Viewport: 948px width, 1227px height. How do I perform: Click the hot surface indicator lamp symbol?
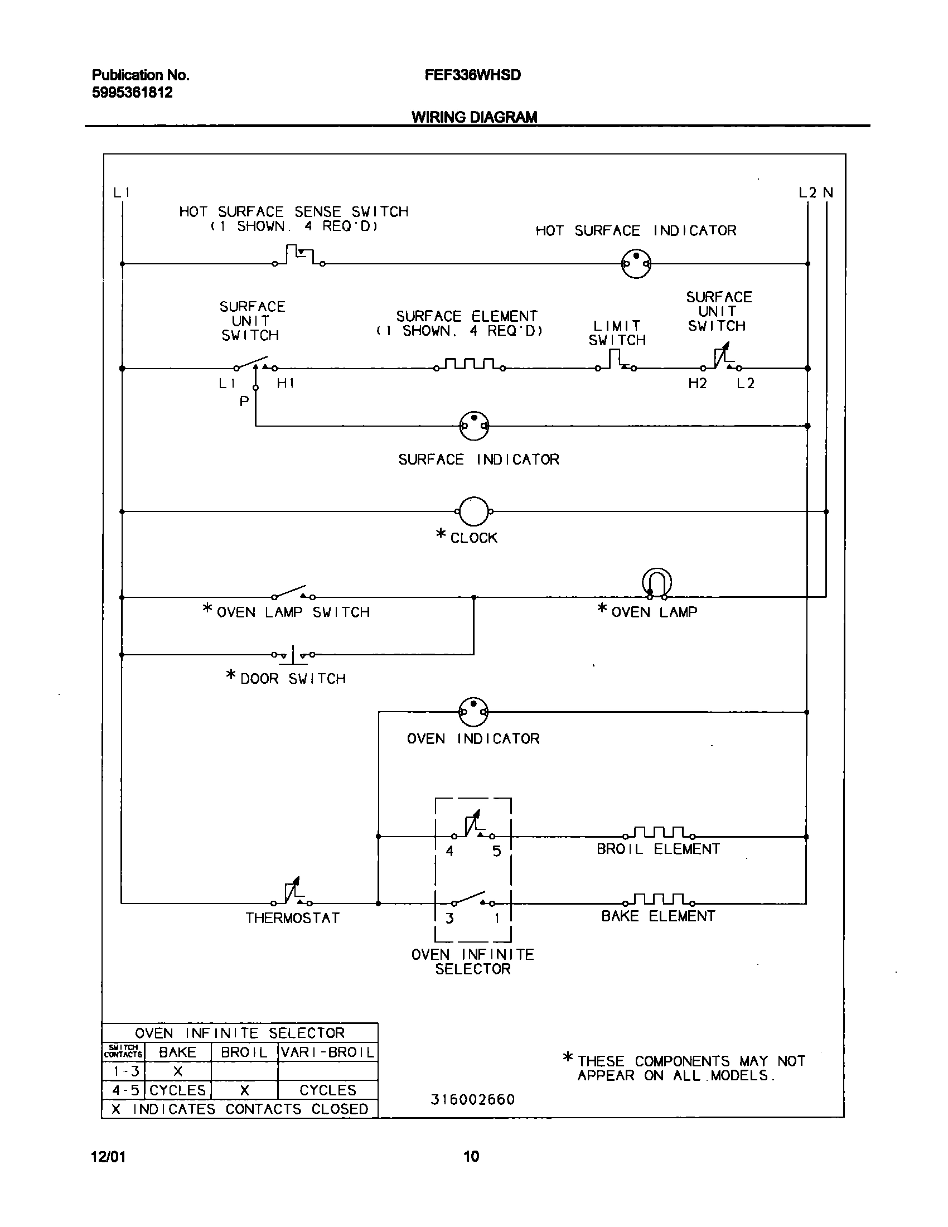[636, 263]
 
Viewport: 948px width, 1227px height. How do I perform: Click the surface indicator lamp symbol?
[474, 426]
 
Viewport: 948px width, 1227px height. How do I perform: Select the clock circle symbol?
[473, 511]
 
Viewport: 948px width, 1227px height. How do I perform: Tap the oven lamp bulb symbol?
[656, 584]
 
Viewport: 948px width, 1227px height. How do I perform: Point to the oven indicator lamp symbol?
[473, 712]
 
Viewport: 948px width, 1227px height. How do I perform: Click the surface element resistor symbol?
[470, 365]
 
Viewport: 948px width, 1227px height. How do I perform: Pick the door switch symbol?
[293, 655]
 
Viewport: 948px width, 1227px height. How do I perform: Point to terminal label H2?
[697, 384]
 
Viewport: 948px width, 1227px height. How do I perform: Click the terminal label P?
[244, 402]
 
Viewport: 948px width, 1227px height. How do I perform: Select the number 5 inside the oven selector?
[496, 851]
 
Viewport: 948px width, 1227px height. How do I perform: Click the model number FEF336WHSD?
[472, 75]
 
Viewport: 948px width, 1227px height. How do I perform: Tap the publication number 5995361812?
[132, 93]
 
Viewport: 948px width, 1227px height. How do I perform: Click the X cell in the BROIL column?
[244, 1090]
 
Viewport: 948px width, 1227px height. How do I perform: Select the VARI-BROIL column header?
[327, 1052]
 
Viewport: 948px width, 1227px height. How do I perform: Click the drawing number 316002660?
[472, 1099]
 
